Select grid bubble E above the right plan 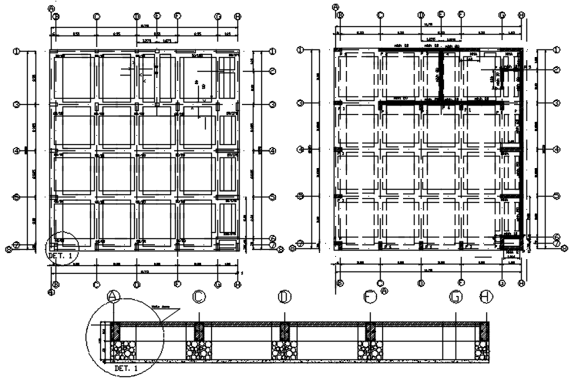click(x=441, y=15)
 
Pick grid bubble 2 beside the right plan click(x=556, y=70)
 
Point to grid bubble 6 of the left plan click(x=272, y=238)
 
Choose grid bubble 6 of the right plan click(x=556, y=237)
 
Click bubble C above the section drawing click(x=199, y=297)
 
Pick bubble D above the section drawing click(x=284, y=297)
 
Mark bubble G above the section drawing click(x=456, y=297)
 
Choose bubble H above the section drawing click(x=486, y=297)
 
